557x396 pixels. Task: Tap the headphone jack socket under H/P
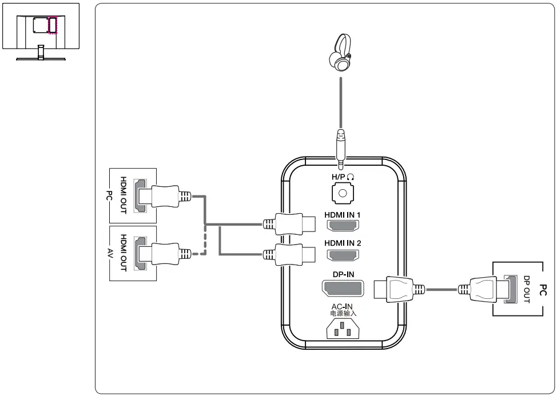click(x=343, y=193)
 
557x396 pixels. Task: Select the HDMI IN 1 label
click(x=343, y=215)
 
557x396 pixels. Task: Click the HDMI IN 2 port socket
click(x=343, y=255)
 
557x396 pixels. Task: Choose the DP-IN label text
click(x=343, y=274)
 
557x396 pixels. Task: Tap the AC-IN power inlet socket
click(x=343, y=329)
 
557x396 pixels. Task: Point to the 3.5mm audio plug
click(x=341, y=147)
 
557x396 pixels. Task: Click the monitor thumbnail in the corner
click(x=40, y=31)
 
